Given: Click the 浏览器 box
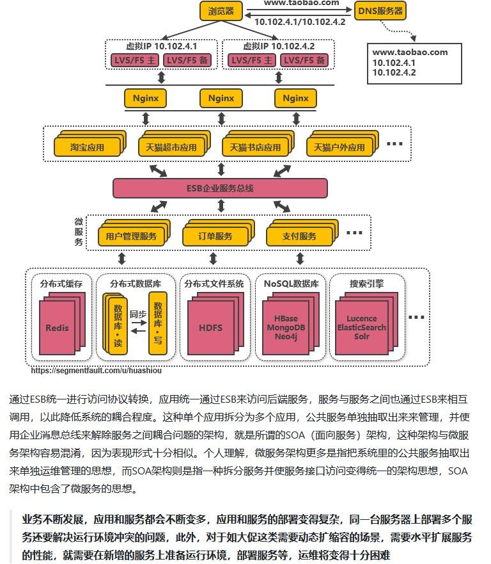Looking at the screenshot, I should click(221, 11).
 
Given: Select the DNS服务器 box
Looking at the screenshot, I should click(380, 11).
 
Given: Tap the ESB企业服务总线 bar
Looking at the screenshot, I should click(220, 188).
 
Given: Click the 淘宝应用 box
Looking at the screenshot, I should click(87, 147).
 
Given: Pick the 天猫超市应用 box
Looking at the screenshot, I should click(168, 147).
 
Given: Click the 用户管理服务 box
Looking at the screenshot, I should click(127, 236).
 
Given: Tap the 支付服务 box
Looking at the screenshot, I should click(299, 236).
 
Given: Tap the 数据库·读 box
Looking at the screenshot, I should click(118, 325).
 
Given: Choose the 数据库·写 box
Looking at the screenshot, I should click(157, 323).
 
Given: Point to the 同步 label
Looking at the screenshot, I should click(138, 314).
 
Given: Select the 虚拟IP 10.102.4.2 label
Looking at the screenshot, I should click(279, 47).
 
